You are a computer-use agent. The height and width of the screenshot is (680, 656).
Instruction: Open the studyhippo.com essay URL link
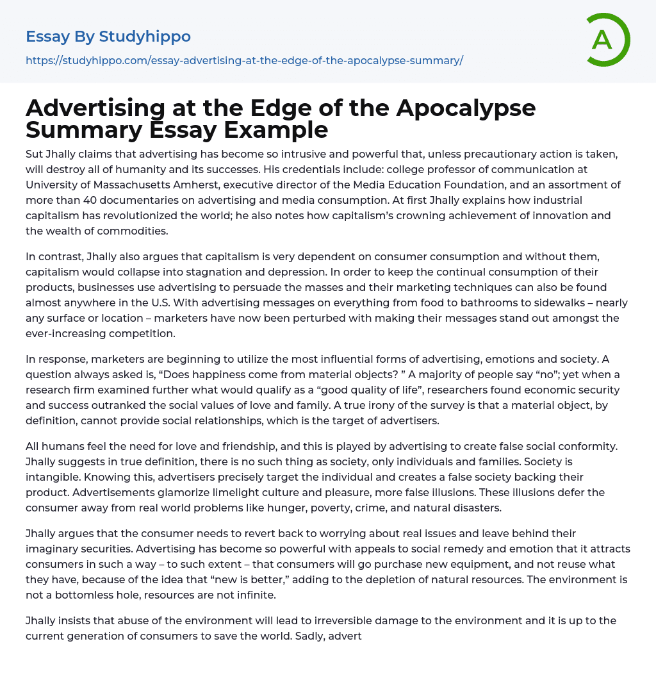pyautogui.click(x=244, y=60)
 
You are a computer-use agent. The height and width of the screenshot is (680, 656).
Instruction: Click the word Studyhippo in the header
pyautogui.click(x=145, y=37)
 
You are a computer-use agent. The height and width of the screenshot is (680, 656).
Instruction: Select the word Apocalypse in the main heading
pyautogui.click(x=466, y=108)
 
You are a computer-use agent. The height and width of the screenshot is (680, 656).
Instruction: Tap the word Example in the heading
pyautogui.click(x=277, y=129)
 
